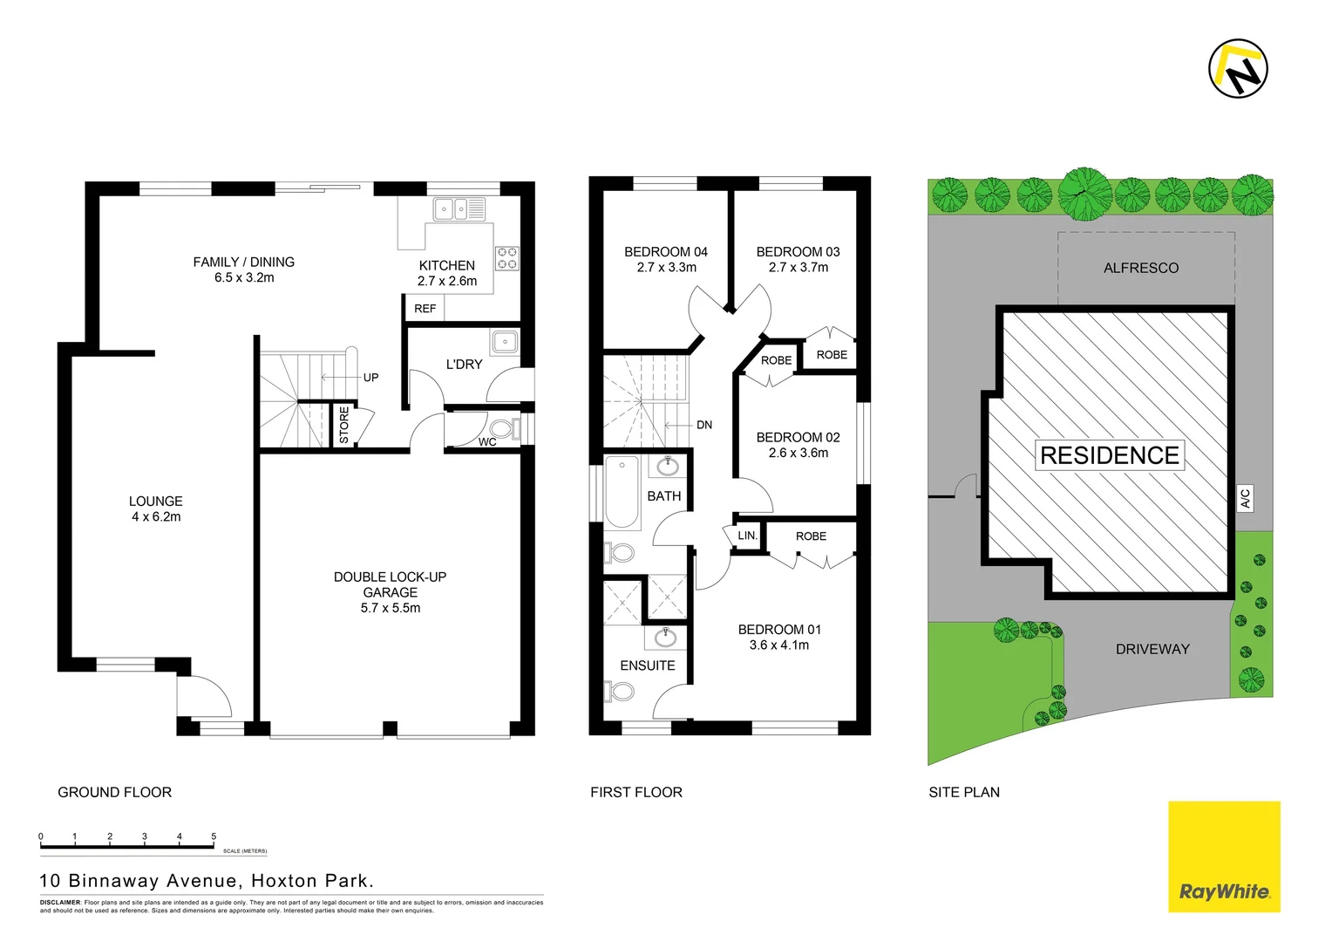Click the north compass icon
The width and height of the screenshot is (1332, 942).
(1238, 68)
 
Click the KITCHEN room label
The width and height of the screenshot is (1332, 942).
(447, 265)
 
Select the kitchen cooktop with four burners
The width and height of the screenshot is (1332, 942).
(506, 258)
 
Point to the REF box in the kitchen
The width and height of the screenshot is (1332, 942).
(425, 309)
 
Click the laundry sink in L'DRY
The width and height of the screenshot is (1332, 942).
(505, 341)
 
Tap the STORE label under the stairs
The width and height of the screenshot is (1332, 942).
(344, 425)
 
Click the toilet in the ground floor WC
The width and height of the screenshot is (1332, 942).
(502, 429)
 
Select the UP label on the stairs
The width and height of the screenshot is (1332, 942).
(370, 378)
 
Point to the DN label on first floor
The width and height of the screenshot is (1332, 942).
(704, 425)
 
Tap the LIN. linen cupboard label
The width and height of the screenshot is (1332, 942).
(747, 536)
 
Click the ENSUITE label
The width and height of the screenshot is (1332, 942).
(648, 666)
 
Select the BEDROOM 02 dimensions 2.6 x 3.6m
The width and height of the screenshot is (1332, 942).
(799, 453)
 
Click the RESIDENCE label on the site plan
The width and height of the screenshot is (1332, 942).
(1110, 455)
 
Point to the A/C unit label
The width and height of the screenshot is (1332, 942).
(1246, 498)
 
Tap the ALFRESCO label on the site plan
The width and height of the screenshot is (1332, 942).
(1141, 268)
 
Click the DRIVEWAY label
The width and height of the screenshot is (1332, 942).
(1152, 649)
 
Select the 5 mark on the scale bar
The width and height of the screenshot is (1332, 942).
(214, 836)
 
